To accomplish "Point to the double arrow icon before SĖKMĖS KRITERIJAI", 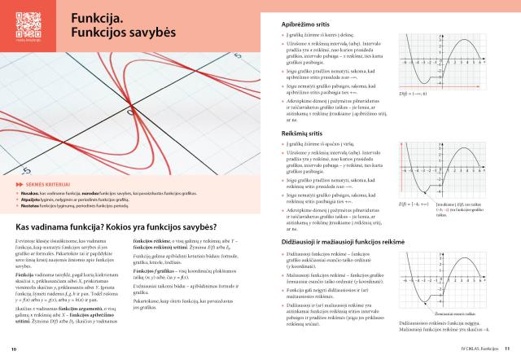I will (18, 185).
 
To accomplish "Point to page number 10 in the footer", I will (14, 349).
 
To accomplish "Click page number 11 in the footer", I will (506, 349).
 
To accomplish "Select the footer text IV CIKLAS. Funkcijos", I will (475, 349).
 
